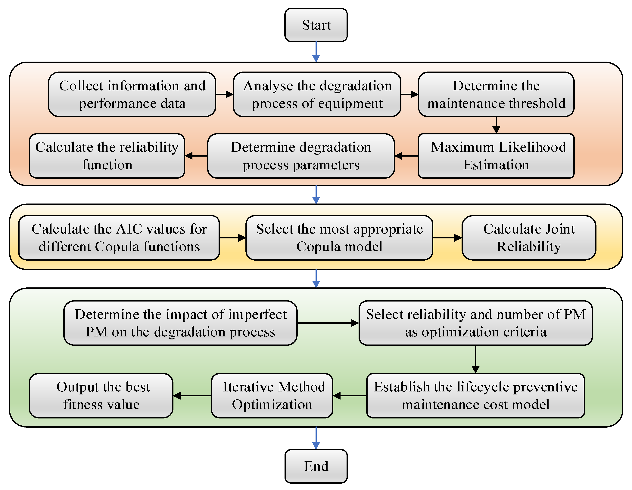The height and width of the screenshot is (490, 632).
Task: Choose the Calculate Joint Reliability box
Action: pyautogui.click(x=529, y=238)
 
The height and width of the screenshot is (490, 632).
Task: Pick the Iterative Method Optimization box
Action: pyautogui.click(x=272, y=395)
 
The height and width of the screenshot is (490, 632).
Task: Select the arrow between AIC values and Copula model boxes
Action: pyautogui.click(x=232, y=238)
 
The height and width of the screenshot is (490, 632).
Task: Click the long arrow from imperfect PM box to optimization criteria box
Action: pyautogui.click(x=328, y=323)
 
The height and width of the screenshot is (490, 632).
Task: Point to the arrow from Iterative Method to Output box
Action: pyautogui.click(x=192, y=395)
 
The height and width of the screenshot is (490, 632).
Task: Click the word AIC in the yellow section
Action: pyautogui.click(x=130, y=229)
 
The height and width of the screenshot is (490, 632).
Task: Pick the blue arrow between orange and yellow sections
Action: pyautogui.click(x=316, y=194)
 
